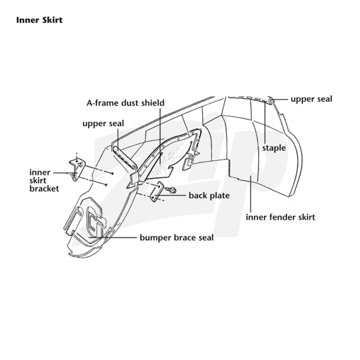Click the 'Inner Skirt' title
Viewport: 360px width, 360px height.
tap(39, 20)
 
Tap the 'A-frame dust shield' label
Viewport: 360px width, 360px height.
tap(126, 103)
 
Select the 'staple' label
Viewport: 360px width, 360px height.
tap(274, 148)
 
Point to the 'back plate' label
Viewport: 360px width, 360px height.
tap(209, 195)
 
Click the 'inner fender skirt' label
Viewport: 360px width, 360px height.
tap(280, 217)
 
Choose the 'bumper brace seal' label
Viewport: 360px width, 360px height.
tap(176, 238)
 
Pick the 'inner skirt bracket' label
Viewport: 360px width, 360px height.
tap(44, 180)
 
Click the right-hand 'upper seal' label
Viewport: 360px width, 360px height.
tap(311, 99)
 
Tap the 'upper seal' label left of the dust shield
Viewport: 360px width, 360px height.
tap(103, 124)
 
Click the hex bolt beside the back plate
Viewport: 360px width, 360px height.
tap(171, 189)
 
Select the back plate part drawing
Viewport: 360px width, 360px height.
tap(157, 192)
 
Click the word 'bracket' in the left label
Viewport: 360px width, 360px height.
tap(44, 189)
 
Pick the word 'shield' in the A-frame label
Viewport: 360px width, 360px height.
tap(153, 103)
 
